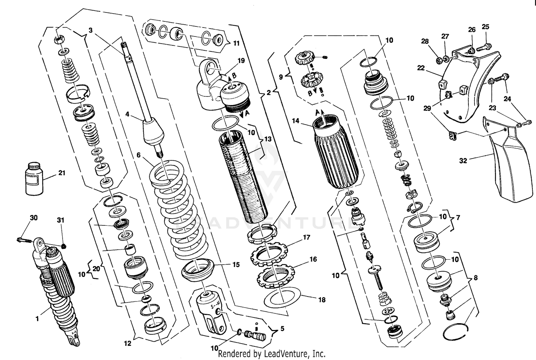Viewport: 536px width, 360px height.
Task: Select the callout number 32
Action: click(463, 161)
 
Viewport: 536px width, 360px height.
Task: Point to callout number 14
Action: click(296, 121)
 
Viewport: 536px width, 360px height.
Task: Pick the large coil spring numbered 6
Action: click(179, 211)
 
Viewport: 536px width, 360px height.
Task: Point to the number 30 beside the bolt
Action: click(34, 217)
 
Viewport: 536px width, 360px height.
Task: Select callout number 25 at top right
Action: click(485, 27)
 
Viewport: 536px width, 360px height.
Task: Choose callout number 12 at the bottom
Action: click(128, 344)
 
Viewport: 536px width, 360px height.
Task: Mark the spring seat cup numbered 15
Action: click(198, 269)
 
